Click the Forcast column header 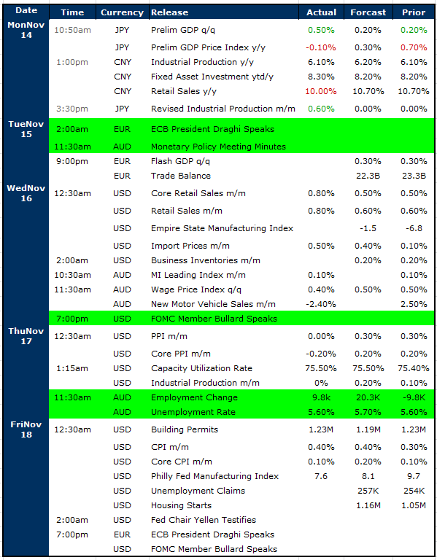368,12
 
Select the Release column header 169,12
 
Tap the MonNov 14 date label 26,30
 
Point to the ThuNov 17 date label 26,336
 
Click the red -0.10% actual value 321,47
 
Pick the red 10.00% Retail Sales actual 321,91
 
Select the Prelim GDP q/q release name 183,30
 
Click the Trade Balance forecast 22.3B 368,176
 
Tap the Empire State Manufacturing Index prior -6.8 414,228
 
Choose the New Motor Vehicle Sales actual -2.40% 321,304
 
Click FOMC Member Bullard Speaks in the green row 214,319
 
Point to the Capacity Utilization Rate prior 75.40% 414,368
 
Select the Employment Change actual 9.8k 321,397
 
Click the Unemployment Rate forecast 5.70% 368,412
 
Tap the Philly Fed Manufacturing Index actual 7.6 321,476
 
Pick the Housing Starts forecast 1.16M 368,505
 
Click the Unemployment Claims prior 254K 414,491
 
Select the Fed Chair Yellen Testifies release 204,520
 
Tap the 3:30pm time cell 72,109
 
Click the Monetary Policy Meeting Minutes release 218,147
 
